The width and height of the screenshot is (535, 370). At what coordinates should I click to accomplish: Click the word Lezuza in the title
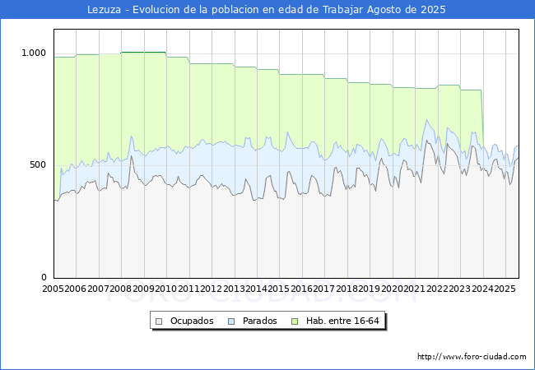pos(105,10)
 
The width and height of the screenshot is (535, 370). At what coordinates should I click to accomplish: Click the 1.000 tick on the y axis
pos(34,53)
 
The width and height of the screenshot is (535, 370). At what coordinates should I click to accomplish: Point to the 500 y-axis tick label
pos(39,165)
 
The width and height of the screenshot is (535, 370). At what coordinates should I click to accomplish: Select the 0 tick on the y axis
pos(44,277)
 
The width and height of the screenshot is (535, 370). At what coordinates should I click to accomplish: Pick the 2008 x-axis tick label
pos(120,289)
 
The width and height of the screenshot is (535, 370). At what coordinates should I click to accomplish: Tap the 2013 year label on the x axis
pos(233,289)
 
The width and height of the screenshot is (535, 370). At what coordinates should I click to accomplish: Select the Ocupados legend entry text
pos(192,321)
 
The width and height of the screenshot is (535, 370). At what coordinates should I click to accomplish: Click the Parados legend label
pos(260,321)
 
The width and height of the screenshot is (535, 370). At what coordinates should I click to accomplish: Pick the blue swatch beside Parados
pos(232,321)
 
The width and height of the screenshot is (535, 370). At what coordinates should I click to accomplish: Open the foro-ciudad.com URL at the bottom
pos(472,357)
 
